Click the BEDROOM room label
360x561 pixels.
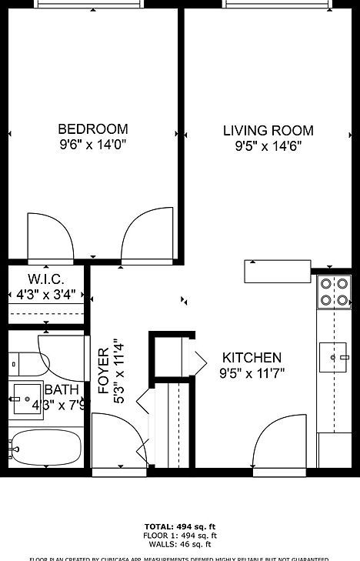(92, 129)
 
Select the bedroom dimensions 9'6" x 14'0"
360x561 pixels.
(92, 145)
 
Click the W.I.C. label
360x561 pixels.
(45, 279)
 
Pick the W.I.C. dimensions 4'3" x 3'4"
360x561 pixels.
(46, 293)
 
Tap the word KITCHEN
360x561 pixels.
(252, 358)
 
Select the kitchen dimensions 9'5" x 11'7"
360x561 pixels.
(252, 374)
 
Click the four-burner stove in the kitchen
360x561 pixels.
(334, 292)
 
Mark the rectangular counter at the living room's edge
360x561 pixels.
(266, 271)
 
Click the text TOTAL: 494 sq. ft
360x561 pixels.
(179, 526)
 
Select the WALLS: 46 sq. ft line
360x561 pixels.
(179, 544)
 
